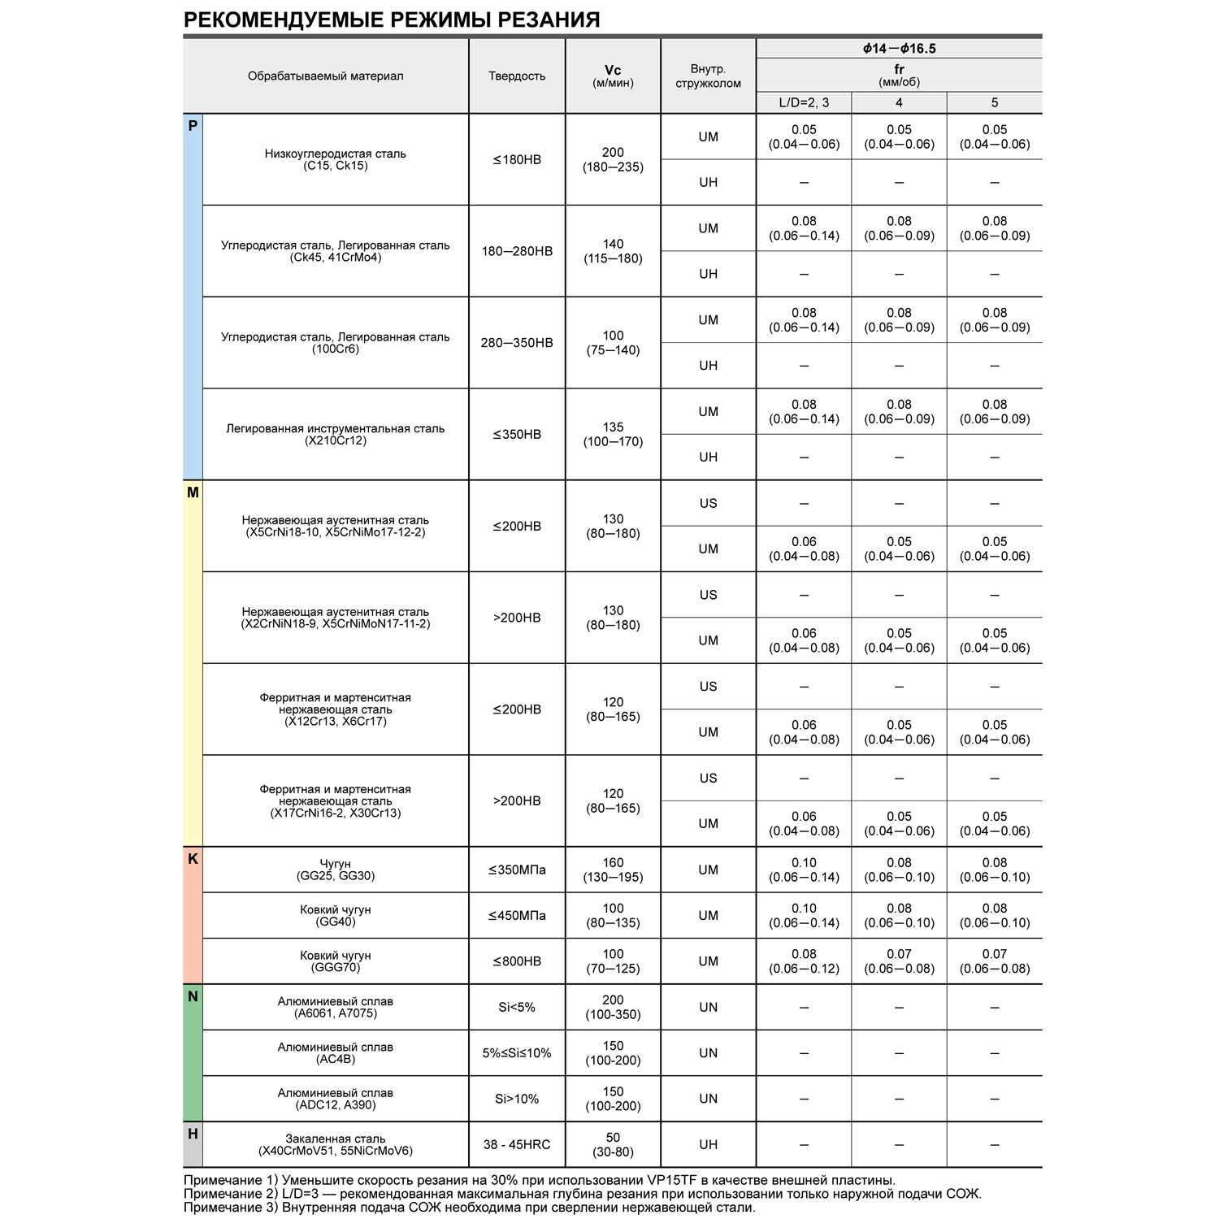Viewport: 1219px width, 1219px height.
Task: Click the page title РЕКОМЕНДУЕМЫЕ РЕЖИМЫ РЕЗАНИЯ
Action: (x=392, y=20)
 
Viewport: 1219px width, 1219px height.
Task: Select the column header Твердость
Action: (x=517, y=76)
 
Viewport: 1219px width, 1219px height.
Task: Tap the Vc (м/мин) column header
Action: (x=613, y=76)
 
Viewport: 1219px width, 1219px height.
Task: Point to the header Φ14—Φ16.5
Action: (x=899, y=49)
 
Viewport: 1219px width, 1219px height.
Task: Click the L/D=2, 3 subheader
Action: (x=804, y=102)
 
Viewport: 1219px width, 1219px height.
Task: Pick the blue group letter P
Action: (x=193, y=126)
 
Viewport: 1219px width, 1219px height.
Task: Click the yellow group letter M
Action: (x=193, y=492)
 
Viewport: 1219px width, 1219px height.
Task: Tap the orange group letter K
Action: (x=193, y=859)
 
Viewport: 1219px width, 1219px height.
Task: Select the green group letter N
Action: (x=193, y=996)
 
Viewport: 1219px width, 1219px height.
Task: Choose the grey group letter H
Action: (x=193, y=1134)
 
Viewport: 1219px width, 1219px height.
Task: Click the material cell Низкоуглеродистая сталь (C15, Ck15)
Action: (x=335, y=159)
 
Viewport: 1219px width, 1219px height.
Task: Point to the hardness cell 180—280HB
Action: (x=517, y=251)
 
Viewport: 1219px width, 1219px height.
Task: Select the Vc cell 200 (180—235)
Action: (x=613, y=159)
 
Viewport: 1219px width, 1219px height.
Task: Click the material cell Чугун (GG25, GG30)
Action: (x=335, y=870)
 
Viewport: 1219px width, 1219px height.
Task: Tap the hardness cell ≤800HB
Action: (x=517, y=961)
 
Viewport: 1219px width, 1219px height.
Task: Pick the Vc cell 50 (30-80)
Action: (x=613, y=1144)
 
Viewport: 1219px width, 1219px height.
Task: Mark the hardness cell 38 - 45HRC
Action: (x=517, y=1144)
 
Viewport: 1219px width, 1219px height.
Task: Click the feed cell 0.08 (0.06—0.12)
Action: (x=804, y=961)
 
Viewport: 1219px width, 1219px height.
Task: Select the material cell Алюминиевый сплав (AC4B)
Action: (x=335, y=1053)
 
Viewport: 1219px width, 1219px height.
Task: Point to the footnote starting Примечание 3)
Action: (x=469, y=1208)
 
